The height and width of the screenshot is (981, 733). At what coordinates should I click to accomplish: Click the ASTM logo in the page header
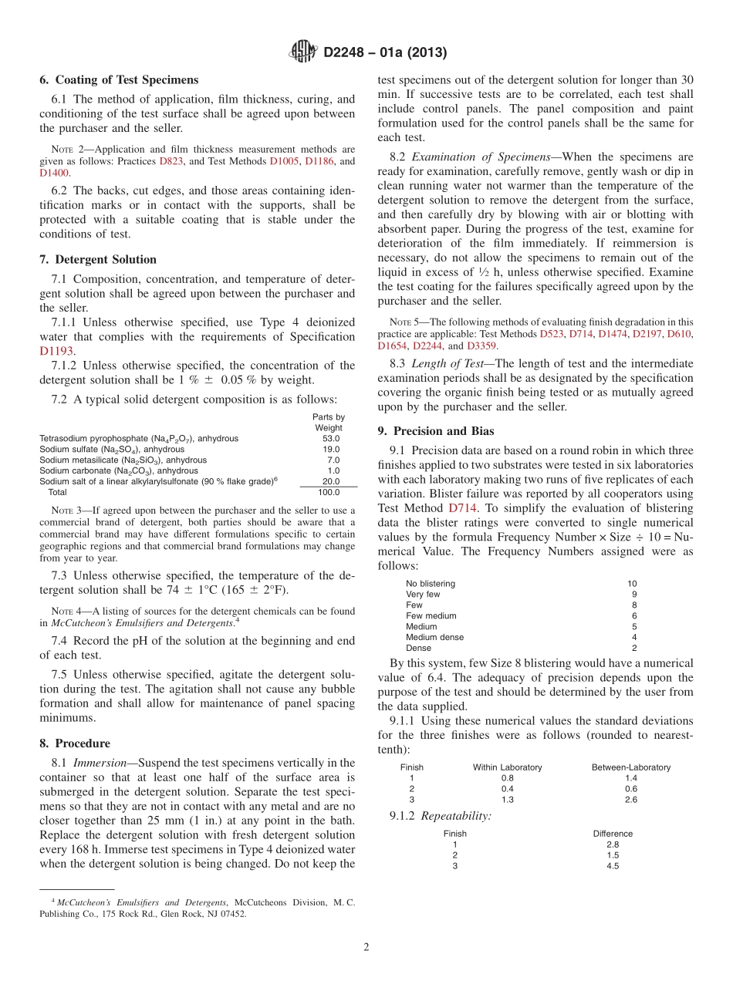click(x=302, y=52)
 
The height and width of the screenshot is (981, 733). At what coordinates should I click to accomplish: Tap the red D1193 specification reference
click(x=56, y=350)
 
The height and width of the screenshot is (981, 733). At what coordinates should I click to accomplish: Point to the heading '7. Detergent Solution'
click(x=98, y=259)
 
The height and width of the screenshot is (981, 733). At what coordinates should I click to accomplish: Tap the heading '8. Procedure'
click(x=75, y=743)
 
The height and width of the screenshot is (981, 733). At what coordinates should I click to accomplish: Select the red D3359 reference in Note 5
click(x=482, y=346)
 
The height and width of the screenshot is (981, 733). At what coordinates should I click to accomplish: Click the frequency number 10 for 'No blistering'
click(x=632, y=584)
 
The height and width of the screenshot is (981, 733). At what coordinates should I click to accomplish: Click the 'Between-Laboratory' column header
click(x=630, y=767)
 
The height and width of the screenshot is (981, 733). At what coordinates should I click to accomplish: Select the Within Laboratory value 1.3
click(x=507, y=800)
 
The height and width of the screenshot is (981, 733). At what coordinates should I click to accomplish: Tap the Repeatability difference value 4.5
click(x=613, y=866)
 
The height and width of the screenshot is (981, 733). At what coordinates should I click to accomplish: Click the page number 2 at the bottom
click(x=366, y=947)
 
